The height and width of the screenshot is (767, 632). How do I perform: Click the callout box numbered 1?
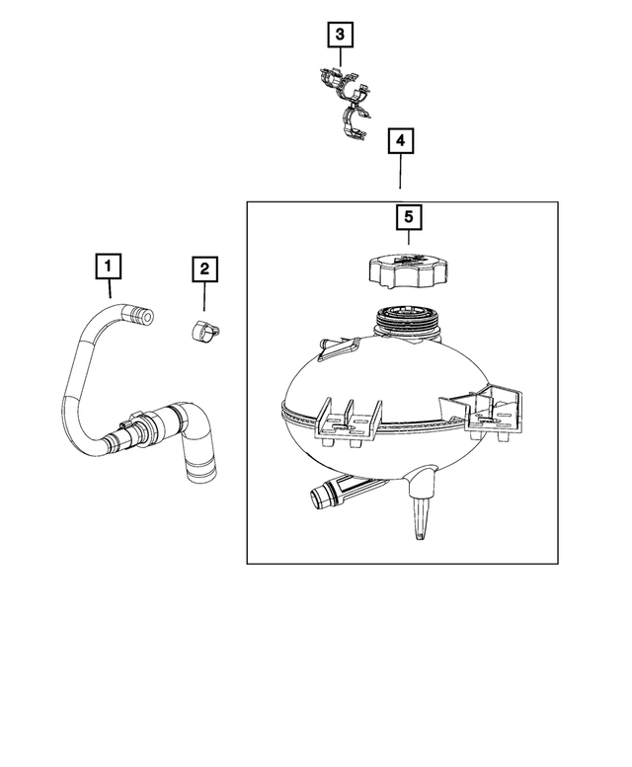108,266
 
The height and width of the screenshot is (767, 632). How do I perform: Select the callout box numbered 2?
203,268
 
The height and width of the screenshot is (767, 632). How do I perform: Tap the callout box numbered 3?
341,36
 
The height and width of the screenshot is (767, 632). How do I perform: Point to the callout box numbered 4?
400,142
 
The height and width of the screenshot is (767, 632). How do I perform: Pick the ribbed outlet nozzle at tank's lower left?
325,493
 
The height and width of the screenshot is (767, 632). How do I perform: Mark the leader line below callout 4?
400,172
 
